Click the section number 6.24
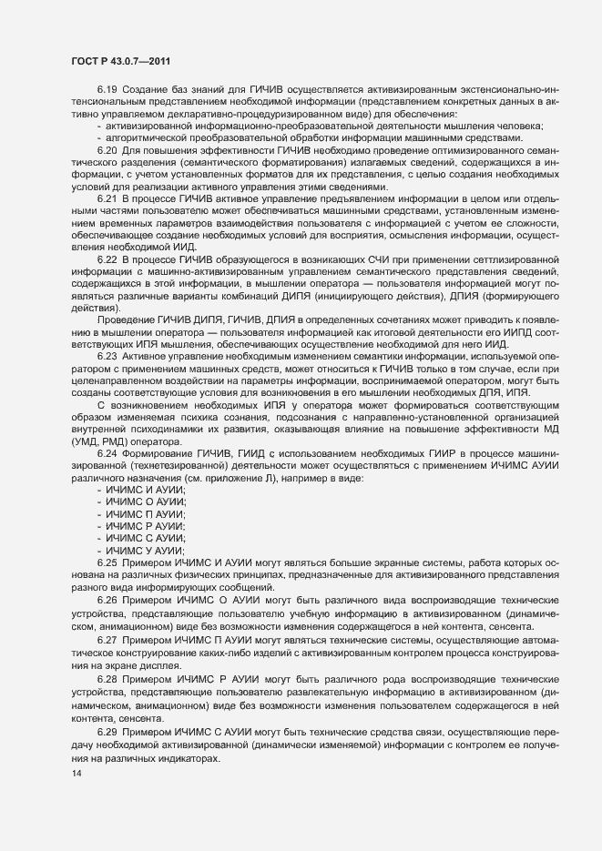click(107, 453)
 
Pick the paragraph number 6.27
click(107, 640)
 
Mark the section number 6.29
click(107, 732)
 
